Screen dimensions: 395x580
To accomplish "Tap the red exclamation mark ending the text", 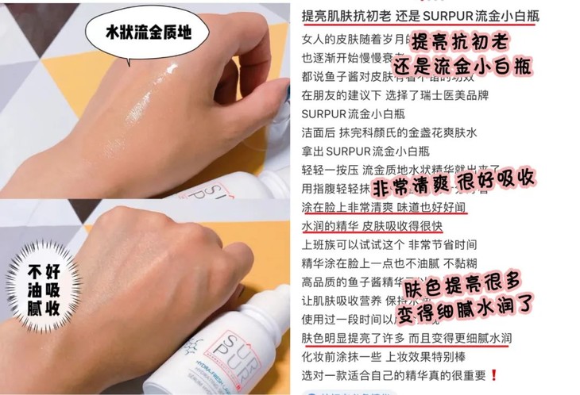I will coord(494,374).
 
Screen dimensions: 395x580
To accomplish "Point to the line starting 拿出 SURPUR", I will coord(365,151).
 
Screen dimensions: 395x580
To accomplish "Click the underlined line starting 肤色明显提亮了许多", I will coord(405,338).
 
